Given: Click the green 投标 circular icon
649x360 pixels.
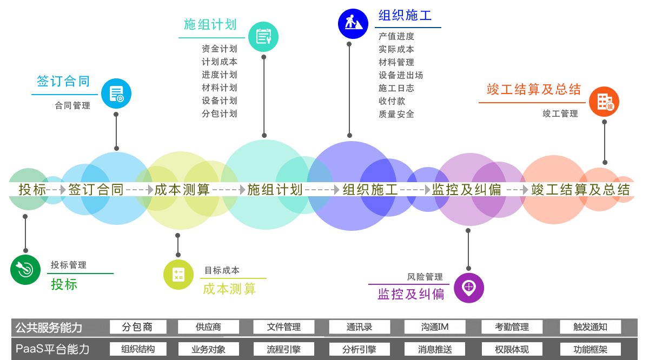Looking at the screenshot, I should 25,269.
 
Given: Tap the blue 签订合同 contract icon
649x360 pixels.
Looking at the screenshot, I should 116,94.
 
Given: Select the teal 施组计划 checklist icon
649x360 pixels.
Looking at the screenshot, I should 263,37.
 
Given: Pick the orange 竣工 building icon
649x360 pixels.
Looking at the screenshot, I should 604,102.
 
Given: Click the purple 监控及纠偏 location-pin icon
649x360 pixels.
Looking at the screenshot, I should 469,288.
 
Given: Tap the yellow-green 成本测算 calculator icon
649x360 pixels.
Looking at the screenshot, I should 178,274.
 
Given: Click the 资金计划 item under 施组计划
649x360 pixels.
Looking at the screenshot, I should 219,49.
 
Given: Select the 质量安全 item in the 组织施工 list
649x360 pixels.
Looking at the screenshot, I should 396,114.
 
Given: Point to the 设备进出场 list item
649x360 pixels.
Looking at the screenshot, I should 401,75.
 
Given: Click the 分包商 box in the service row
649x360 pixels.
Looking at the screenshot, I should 137,327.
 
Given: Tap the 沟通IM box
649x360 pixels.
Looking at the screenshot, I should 435,327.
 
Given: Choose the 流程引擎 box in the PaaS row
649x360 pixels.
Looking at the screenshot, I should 283,349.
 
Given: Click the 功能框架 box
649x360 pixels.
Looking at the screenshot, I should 590,349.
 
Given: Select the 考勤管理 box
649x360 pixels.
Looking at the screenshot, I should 512,327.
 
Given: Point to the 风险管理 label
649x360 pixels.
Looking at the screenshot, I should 425,277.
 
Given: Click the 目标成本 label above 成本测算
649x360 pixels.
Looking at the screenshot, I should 222,270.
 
